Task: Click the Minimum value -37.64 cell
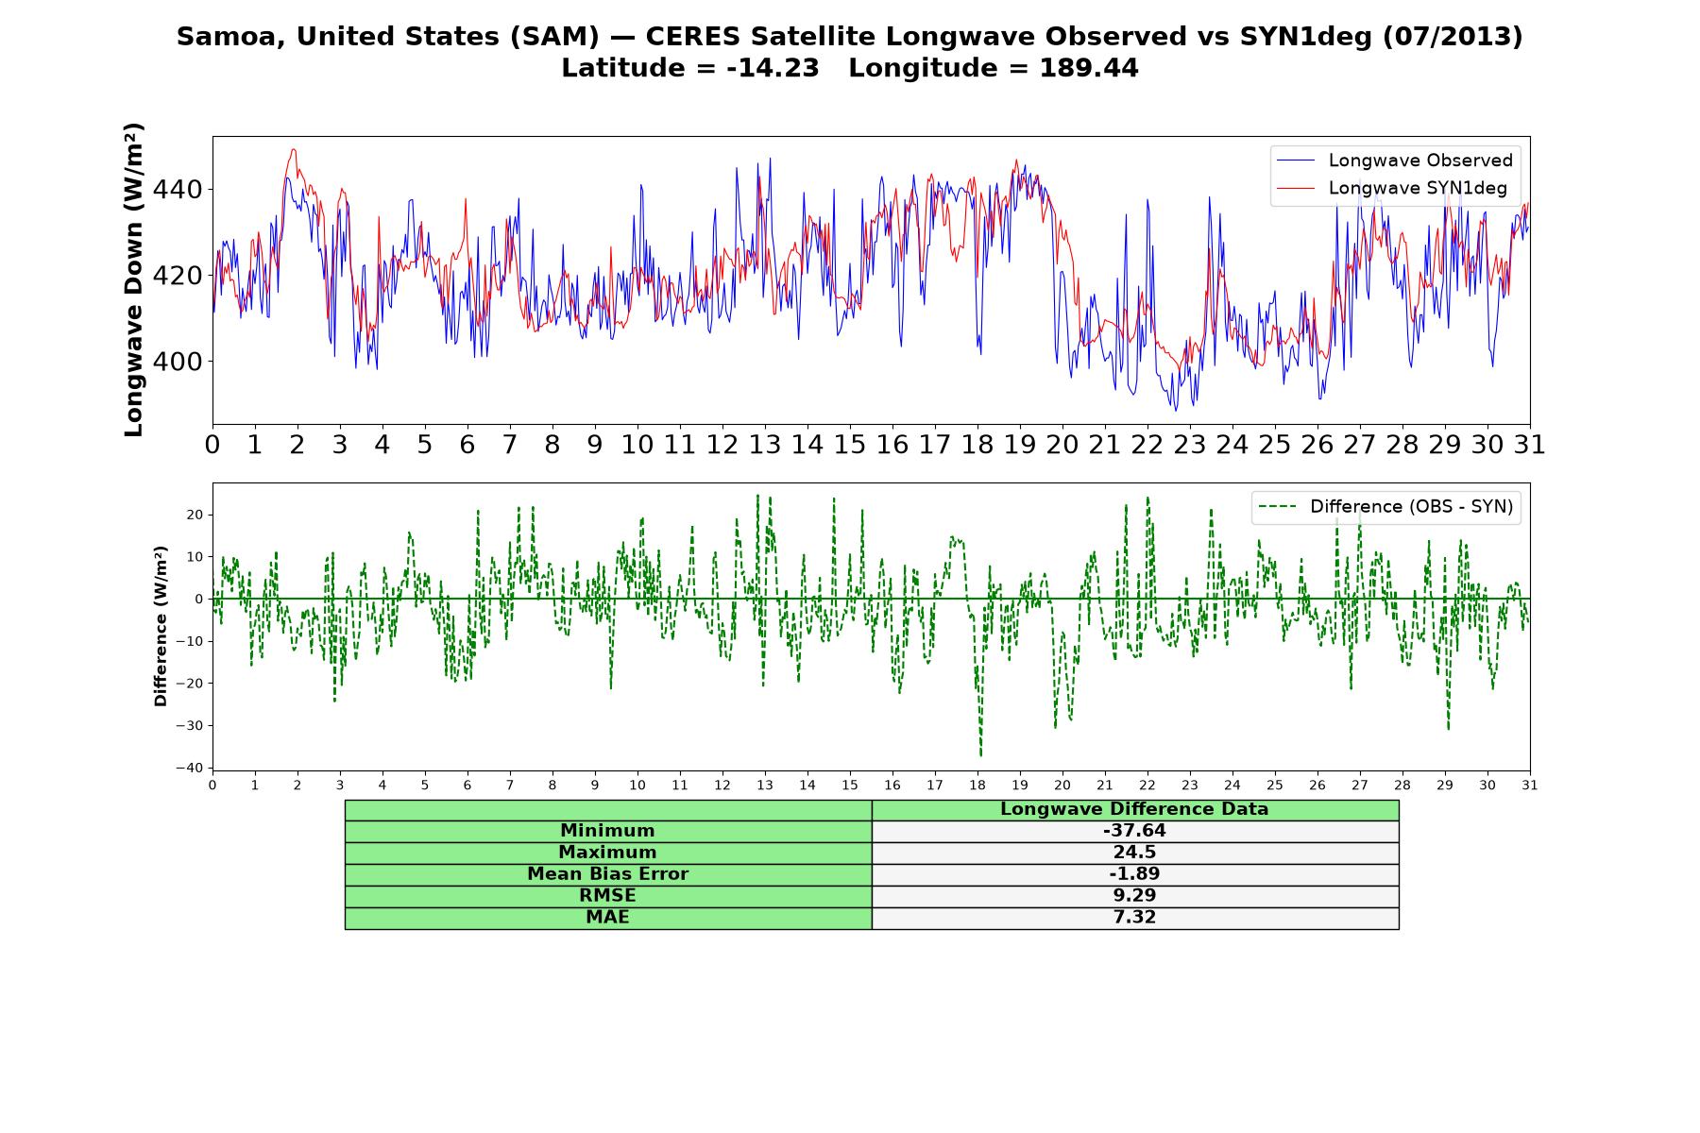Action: click(1134, 831)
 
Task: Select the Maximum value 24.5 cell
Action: click(1134, 853)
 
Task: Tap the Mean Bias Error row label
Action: click(607, 874)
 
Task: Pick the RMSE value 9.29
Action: click(1134, 896)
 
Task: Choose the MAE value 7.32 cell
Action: click(1134, 918)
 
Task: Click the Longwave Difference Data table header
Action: click(1134, 809)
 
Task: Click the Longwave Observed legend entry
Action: click(1394, 161)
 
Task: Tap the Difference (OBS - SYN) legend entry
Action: click(1385, 507)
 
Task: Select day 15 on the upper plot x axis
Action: click(849, 445)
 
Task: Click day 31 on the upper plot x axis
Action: click(1529, 445)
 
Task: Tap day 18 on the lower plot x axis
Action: click(977, 785)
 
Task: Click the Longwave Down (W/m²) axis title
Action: click(134, 279)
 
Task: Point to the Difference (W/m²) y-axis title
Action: click(161, 627)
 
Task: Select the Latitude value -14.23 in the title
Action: click(773, 69)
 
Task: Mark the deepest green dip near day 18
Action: click(980, 755)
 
